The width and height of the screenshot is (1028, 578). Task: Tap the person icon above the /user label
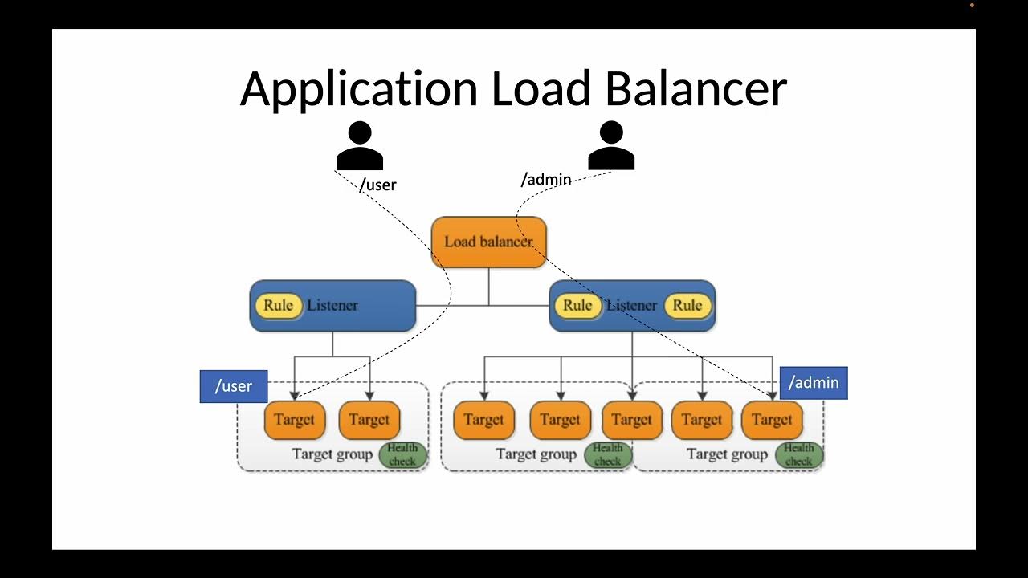[x=359, y=145]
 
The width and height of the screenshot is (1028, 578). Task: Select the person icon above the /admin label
[x=610, y=145]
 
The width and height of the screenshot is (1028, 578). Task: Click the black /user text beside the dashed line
[x=377, y=185]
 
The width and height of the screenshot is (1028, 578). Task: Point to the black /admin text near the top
[x=546, y=179]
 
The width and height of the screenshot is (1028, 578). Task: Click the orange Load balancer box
[x=488, y=242]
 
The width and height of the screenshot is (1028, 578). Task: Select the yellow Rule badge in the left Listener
[x=278, y=305]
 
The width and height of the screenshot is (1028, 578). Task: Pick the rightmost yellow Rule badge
[x=687, y=305]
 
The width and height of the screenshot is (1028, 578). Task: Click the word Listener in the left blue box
[x=332, y=305]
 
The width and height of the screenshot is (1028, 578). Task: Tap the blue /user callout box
[x=233, y=386]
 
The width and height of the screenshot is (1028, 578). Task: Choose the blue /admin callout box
[x=814, y=383]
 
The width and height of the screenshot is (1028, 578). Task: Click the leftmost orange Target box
[x=294, y=420]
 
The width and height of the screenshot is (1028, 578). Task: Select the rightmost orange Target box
[x=772, y=420]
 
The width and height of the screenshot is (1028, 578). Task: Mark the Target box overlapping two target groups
[x=631, y=420]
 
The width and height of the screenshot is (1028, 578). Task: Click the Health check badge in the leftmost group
[x=402, y=454]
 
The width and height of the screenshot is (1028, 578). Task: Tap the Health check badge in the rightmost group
[x=799, y=454]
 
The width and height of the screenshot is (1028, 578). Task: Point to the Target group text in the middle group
[x=536, y=454]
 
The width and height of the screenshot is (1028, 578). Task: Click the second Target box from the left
[x=369, y=420]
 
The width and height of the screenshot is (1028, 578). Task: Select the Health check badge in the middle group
[x=608, y=454]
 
